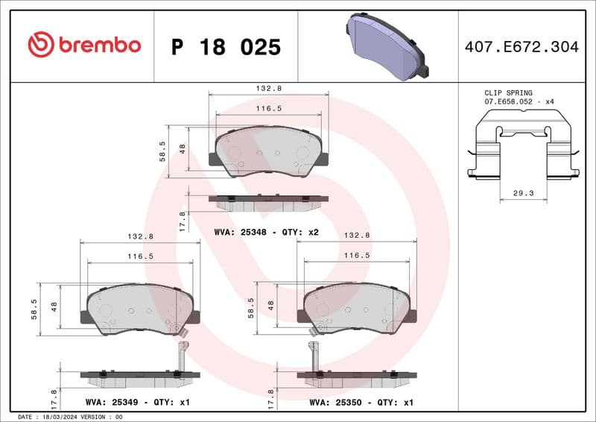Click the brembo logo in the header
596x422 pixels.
tap(83, 45)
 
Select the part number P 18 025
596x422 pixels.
tap(226, 47)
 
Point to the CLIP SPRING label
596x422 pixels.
tap(509, 93)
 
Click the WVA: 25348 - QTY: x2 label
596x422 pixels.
tap(266, 232)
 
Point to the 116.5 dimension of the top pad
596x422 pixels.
tap(268, 108)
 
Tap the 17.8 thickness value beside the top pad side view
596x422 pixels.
tap(183, 221)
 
